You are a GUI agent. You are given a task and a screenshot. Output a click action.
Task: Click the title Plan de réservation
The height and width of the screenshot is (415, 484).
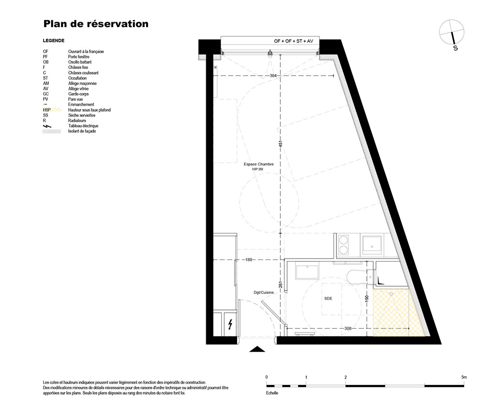click(96, 24)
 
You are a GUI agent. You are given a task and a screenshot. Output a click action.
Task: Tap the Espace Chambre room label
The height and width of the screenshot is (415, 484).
click(258, 164)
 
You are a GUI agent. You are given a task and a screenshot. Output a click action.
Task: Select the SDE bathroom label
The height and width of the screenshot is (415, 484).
click(328, 299)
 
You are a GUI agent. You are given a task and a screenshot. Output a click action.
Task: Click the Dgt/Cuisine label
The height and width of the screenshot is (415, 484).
click(264, 292)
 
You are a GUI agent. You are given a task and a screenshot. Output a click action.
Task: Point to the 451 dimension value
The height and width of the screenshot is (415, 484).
click(281, 144)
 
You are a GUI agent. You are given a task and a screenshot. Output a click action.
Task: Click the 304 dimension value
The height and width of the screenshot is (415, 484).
click(273, 76)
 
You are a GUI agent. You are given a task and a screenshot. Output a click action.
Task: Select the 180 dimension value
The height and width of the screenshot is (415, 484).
click(249, 260)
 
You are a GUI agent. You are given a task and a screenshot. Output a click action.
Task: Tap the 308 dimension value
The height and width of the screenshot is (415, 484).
click(348, 328)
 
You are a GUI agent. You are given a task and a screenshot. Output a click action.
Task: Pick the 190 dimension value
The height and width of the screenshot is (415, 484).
click(367, 299)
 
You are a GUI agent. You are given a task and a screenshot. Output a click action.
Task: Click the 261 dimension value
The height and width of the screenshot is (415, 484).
click(281, 284)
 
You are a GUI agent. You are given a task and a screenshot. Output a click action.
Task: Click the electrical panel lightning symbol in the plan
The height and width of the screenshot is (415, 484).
click(230, 324)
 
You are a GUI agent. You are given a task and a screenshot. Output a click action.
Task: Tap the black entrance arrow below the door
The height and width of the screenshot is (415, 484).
click(257, 349)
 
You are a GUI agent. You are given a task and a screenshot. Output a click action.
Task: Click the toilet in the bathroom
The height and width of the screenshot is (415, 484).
click(361, 277)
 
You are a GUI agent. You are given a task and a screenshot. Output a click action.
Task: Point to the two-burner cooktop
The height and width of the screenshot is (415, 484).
click(343, 245)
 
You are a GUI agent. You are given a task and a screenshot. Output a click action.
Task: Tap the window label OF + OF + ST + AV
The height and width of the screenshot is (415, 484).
click(294, 41)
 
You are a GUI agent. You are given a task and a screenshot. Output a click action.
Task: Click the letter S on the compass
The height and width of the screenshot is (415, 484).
click(455, 48)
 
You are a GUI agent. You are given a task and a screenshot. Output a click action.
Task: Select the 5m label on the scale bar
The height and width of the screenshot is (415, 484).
click(464, 377)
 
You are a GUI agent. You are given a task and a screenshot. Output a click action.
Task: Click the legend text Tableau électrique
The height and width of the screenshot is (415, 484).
click(83, 126)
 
